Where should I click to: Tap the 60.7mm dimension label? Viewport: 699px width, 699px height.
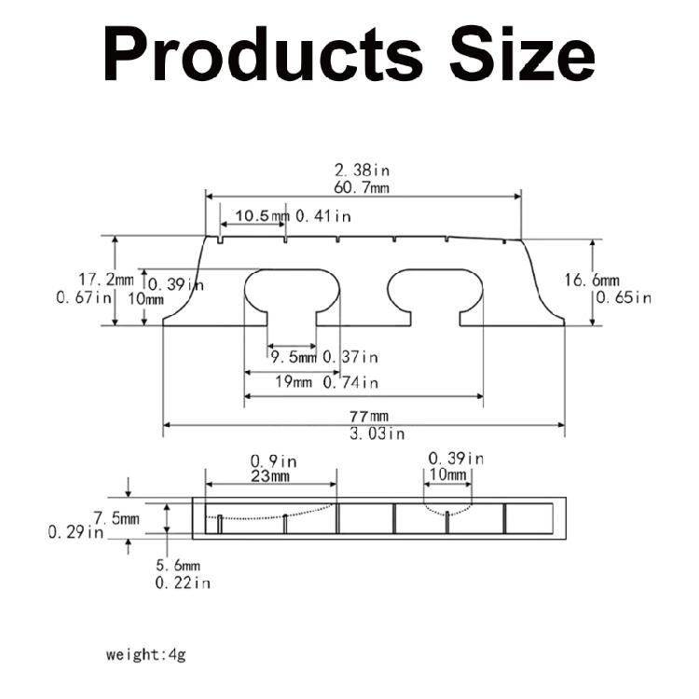tap(362, 187)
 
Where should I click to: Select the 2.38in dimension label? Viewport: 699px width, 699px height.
tap(362, 171)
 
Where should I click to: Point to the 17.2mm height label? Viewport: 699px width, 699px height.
tap(106, 280)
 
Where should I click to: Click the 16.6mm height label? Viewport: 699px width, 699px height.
tap(592, 281)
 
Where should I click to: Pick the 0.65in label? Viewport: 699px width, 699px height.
tap(624, 297)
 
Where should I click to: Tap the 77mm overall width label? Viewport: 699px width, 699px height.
tap(369, 417)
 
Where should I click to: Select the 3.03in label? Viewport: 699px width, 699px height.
tap(377, 433)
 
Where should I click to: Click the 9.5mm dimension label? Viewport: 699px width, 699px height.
tap(294, 357)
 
